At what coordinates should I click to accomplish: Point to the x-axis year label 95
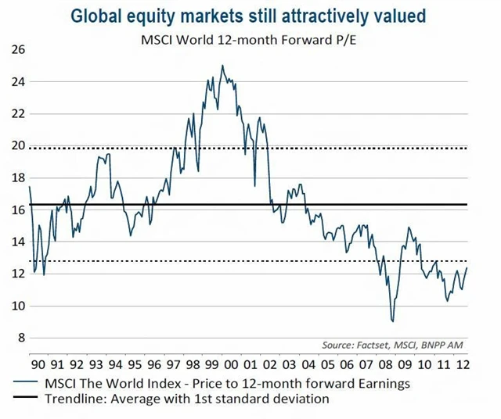(x=135, y=364)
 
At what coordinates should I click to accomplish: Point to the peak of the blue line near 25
(x=222, y=66)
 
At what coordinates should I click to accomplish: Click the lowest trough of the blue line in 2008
(x=393, y=321)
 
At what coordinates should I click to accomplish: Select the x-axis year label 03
(x=290, y=364)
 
